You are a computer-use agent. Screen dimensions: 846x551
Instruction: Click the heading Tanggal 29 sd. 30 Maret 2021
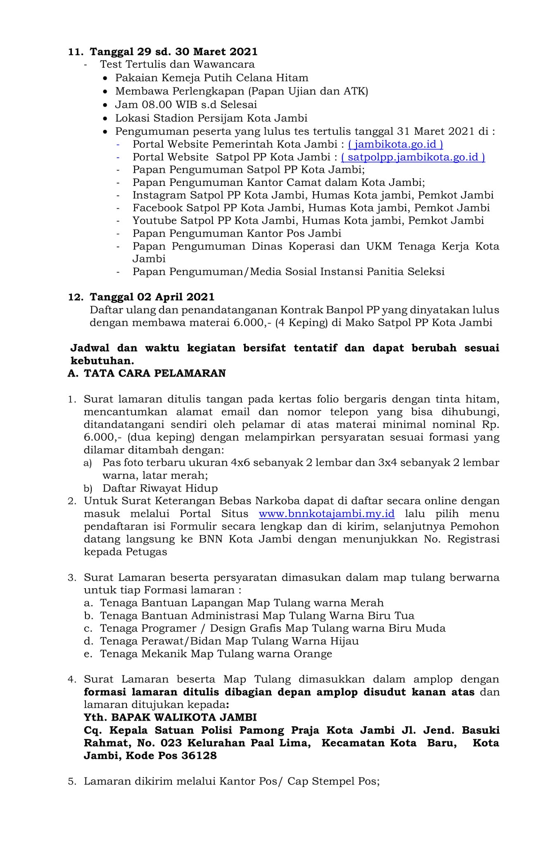coord(173,52)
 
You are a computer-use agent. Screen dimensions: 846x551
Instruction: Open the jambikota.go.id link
coord(396,144)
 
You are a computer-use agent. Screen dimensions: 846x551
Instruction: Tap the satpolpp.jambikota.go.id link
coord(413,157)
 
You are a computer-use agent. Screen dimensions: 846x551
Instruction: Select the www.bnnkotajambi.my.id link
coord(326,514)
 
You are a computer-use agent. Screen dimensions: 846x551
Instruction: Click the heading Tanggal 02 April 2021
coord(152,297)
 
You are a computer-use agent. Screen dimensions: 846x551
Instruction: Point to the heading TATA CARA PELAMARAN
coord(155,373)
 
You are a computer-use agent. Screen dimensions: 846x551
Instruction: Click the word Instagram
coord(159,195)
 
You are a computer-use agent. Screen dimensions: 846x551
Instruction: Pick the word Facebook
coord(158,208)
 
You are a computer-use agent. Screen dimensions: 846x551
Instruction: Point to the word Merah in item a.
coord(367,603)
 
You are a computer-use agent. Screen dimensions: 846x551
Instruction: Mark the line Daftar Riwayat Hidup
coord(160,488)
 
